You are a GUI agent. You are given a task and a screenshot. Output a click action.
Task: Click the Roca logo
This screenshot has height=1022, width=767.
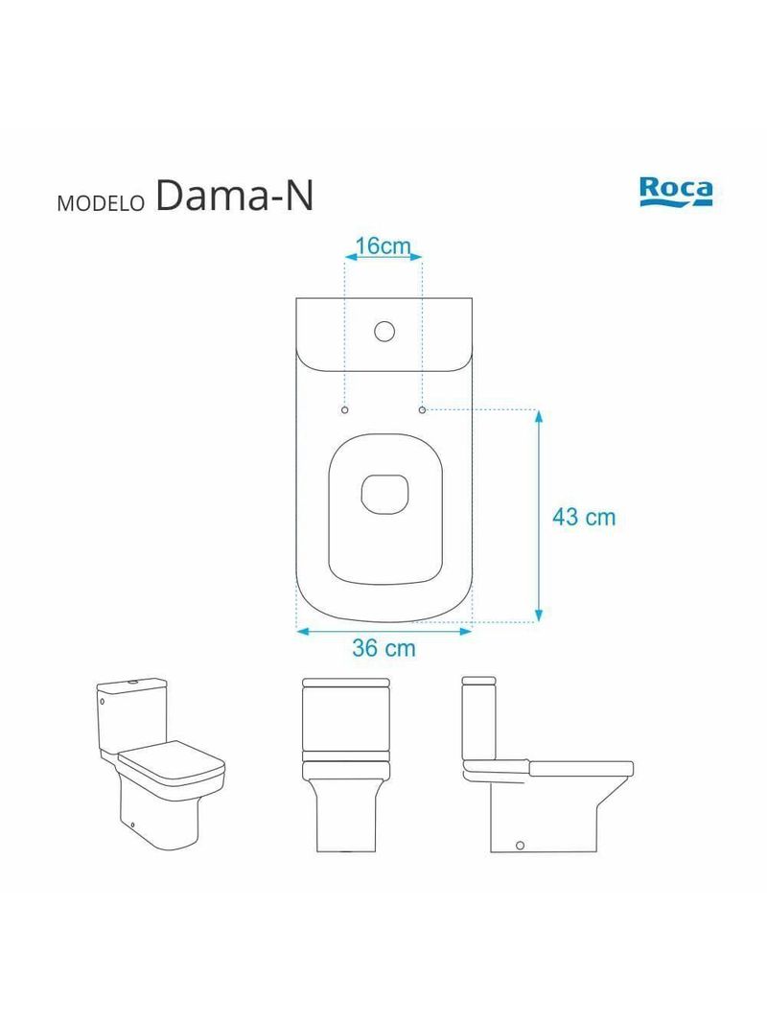676,190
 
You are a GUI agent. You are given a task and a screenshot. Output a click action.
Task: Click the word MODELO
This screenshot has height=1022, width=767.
100,203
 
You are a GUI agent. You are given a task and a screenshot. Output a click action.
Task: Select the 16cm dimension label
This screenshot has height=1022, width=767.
383,246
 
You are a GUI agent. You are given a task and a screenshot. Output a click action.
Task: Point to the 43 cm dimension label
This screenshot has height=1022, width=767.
584,518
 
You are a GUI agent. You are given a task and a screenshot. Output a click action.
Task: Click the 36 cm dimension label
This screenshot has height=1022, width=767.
383,648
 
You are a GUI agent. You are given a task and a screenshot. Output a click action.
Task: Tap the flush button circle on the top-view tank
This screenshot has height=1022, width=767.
383,332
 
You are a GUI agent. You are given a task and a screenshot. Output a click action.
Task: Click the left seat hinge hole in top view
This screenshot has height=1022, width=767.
345,409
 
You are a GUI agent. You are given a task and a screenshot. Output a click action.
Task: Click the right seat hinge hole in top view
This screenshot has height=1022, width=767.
422,409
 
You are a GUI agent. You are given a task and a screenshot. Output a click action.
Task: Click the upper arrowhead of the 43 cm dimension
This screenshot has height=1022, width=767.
540,416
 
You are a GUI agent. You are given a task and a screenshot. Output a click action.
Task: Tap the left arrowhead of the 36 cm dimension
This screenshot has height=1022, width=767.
301,631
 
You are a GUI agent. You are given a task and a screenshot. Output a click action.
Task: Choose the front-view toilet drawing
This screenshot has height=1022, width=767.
345,764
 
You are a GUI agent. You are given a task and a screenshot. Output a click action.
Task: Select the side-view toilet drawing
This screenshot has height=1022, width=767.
546,764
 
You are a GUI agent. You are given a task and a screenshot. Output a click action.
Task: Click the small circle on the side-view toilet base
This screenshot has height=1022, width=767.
520,844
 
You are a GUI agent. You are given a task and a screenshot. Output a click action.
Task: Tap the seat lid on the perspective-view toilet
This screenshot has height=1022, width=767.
171,762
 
